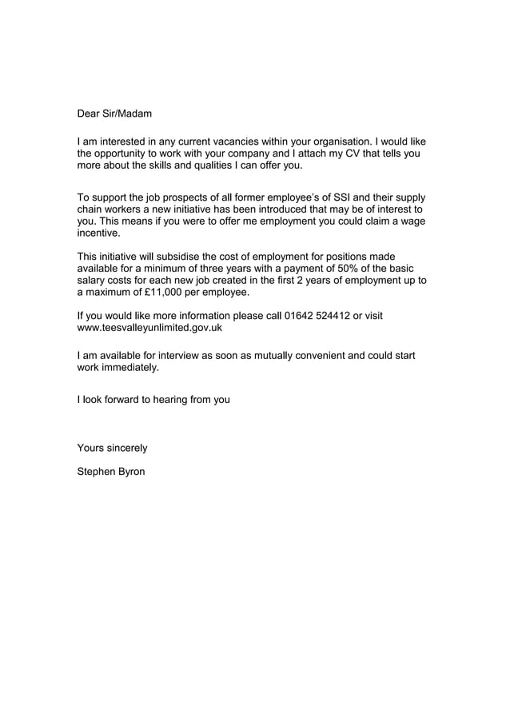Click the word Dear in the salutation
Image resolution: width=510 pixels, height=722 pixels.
pyautogui.click(x=90, y=114)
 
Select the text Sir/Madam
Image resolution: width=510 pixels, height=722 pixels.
pyautogui.click(x=128, y=114)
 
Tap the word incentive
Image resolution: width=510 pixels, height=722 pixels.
pyautogui.click(x=98, y=233)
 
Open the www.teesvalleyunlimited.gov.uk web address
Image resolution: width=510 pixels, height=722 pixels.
pyautogui.click(x=149, y=328)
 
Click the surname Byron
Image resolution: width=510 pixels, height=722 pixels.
pyautogui.click(x=129, y=472)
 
